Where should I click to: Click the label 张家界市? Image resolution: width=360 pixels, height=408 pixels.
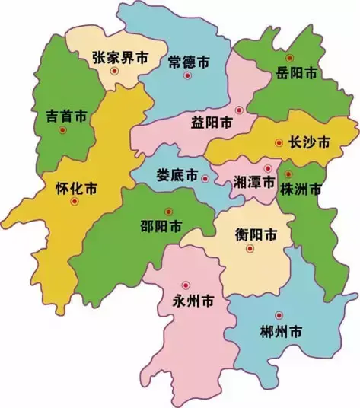point(119,57)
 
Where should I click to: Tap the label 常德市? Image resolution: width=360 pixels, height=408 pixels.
point(188,61)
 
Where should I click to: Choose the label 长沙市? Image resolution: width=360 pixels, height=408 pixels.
point(301,142)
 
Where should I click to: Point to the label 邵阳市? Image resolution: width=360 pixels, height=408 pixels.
point(161,226)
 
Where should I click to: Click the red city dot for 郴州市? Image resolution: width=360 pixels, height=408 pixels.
point(279,315)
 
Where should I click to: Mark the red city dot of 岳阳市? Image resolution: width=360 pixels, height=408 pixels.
point(288,58)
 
